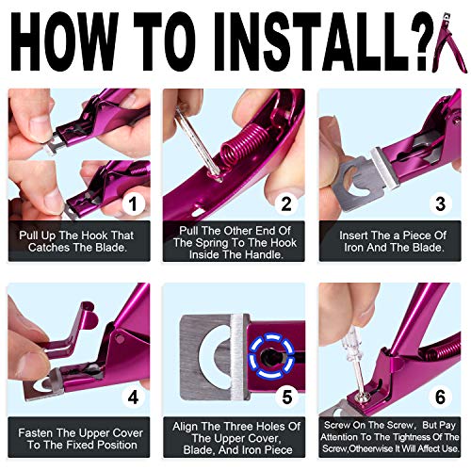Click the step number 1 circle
134,202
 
